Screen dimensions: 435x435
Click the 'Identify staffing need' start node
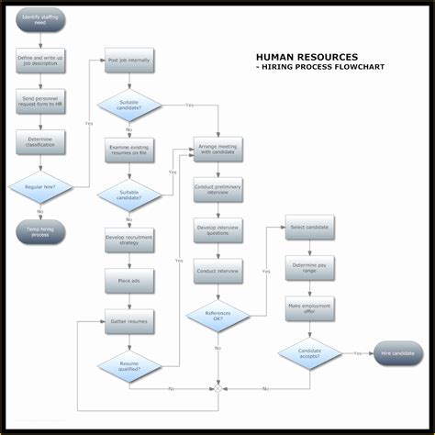click(40, 20)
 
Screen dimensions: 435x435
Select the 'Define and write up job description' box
click(40, 61)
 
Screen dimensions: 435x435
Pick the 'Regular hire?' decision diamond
click(40, 186)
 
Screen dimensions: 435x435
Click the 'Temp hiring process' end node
click(40, 231)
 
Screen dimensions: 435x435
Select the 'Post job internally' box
click(129, 60)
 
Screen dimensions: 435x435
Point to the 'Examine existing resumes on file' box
click(129, 151)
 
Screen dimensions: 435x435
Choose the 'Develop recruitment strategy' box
click(129, 240)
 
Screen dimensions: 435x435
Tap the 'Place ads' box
click(129, 280)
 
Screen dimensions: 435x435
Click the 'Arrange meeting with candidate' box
click(218, 150)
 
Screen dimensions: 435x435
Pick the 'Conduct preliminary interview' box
click(218, 190)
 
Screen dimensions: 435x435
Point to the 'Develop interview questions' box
click(218, 230)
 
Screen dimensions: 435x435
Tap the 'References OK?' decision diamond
click(218, 317)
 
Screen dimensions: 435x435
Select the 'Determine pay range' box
click(309, 269)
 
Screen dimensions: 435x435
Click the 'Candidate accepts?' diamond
click(309, 353)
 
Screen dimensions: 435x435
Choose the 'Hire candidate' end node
click(397, 353)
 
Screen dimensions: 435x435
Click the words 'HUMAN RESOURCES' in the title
click(307, 57)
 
